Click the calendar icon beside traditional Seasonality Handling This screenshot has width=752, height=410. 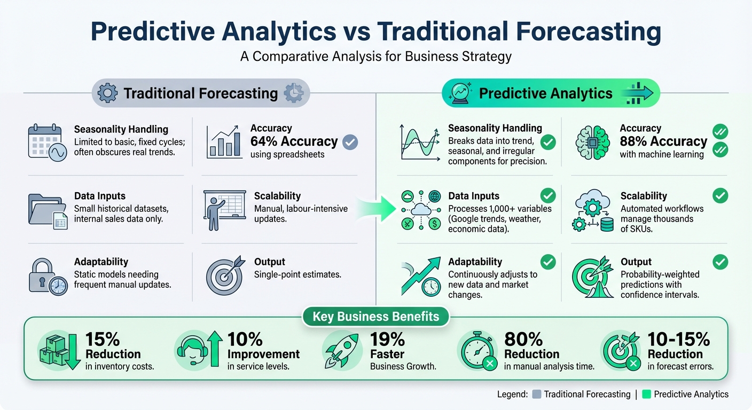click(48, 143)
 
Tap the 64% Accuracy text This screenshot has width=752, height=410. click(294, 141)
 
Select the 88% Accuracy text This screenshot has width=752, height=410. click(663, 141)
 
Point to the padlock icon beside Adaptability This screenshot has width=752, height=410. click(48, 277)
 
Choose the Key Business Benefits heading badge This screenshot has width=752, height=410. click(375, 317)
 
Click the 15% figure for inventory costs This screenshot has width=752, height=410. click(103, 340)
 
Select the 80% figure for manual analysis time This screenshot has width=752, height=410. click(523, 340)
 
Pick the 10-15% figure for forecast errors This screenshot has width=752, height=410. click(678, 340)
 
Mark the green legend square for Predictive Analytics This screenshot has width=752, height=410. click(647, 395)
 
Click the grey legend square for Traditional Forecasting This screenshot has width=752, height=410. click(537, 395)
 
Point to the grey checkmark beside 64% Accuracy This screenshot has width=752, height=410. click(350, 142)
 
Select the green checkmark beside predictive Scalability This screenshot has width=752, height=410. click(720, 195)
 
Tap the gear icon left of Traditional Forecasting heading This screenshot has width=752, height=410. click(108, 93)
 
